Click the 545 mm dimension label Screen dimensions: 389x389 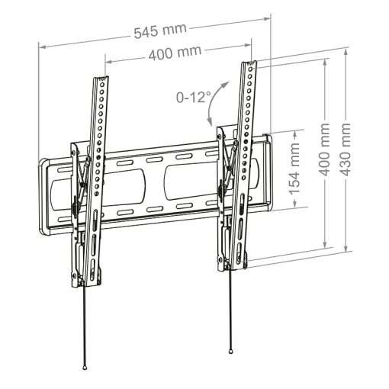pyautogui.click(x=160, y=33)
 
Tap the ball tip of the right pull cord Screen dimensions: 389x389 pyautogui.click(x=230, y=351)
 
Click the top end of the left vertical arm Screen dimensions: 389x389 pyautogui.click(x=101, y=79)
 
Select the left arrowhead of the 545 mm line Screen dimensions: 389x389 pyautogui.click(x=43, y=47)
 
